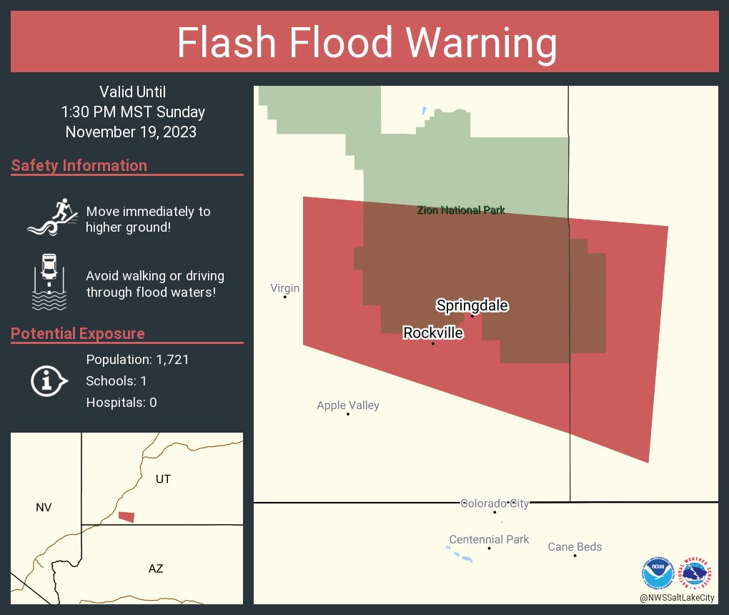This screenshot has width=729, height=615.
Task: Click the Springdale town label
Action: tap(472, 306)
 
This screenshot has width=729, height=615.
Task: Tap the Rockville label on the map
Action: tap(433, 333)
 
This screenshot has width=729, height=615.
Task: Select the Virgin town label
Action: tap(284, 288)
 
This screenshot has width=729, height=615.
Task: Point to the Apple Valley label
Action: tap(348, 405)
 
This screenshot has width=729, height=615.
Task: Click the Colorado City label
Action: tap(495, 503)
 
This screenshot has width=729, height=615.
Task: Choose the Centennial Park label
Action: tap(489, 539)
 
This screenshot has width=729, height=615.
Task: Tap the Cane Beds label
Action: tap(575, 547)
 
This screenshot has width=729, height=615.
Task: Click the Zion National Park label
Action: tap(461, 210)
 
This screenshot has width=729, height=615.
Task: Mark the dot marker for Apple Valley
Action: tap(348, 414)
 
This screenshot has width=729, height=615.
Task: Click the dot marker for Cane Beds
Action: tap(575, 556)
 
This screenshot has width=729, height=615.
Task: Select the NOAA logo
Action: tap(658, 573)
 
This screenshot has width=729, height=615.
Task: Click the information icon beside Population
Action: tap(48, 380)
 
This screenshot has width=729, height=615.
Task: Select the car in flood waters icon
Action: tap(49, 282)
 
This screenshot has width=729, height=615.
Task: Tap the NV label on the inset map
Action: tap(44, 508)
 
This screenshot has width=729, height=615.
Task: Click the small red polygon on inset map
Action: tap(127, 516)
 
